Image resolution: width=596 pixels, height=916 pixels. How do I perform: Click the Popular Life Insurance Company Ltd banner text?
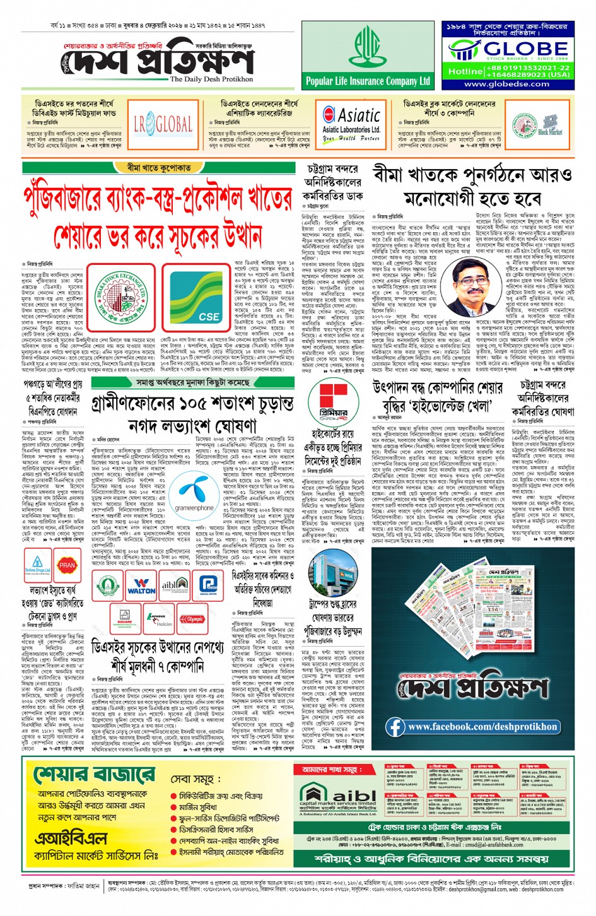point(367,81)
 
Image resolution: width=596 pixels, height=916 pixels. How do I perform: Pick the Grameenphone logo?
point(194,494)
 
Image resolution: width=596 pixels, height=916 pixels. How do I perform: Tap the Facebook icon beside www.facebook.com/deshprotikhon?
point(396,727)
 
